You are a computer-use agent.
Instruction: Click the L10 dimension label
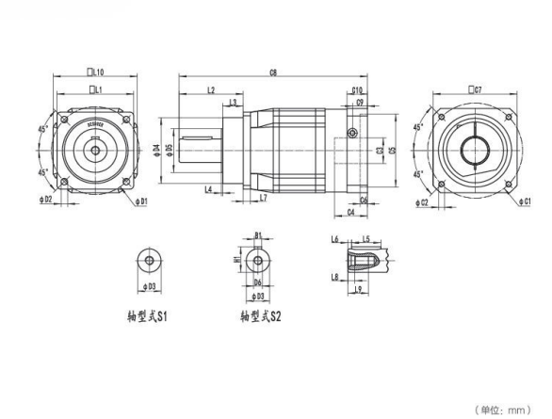pyautogui.click(x=95, y=71)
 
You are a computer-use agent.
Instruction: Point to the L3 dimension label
pyautogui.click(x=233, y=102)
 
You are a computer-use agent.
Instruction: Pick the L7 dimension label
pyautogui.click(x=263, y=199)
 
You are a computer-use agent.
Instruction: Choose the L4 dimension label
pyautogui.click(x=207, y=189)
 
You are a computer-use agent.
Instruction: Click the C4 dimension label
pyautogui.click(x=350, y=213)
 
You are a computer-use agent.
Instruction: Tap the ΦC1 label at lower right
pyautogui.click(x=528, y=201)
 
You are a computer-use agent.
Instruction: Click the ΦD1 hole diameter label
pyautogui.click(x=141, y=201)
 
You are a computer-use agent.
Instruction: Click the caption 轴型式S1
pyautogui.click(x=147, y=317)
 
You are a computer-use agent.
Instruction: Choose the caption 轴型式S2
pyautogui.click(x=260, y=317)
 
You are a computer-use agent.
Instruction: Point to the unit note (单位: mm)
pyautogui.click(x=508, y=409)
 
